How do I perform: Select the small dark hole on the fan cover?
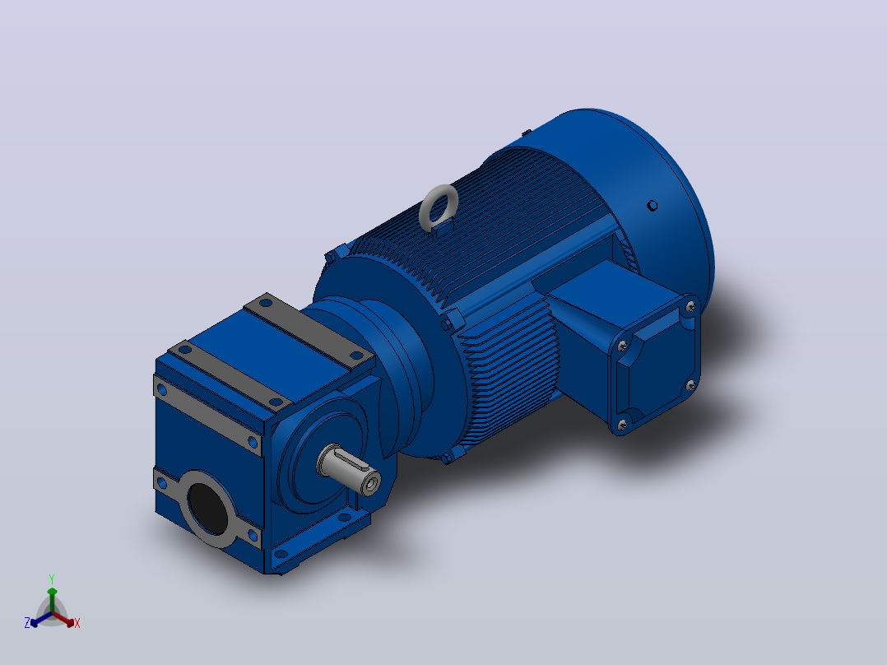point(652,206)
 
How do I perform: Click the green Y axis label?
point(52,579)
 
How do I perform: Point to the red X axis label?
point(77,623)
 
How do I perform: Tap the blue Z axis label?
point(27,623)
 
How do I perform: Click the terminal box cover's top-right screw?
point(690,307)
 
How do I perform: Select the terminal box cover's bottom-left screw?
point(622,424)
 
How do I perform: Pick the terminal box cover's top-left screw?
point(622,345)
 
